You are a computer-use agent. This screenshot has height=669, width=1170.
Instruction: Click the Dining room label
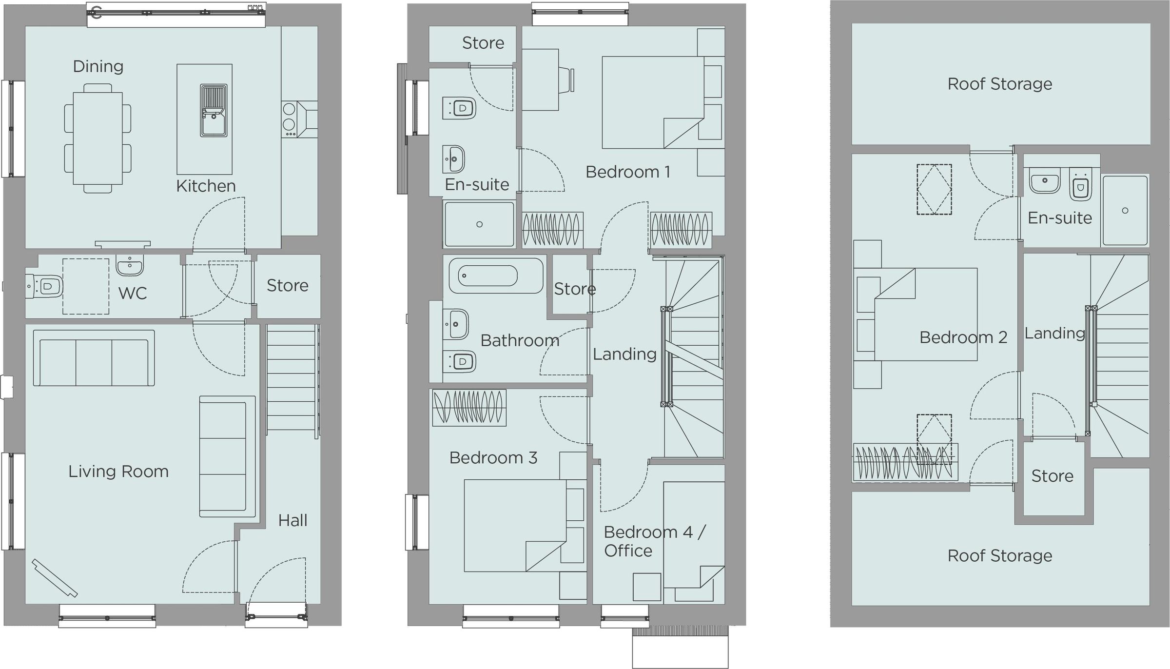click(x=98, y=66)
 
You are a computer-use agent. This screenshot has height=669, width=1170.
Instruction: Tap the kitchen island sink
click(x=214, y=111)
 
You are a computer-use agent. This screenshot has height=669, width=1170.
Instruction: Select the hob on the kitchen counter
click(x=289, y=119)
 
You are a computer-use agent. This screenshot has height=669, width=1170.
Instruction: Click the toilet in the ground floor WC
click(x=45, y=286)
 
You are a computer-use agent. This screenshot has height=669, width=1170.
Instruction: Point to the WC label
click(x=133, y=293)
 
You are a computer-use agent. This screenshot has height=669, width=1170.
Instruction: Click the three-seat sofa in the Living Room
click(x=94, y=358)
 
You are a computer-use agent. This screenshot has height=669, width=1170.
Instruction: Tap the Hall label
click(x=292, y=520)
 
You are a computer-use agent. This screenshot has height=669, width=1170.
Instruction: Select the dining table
click(x=97, y=138)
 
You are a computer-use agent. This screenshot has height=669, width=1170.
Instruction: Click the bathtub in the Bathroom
click(x=495, y=276)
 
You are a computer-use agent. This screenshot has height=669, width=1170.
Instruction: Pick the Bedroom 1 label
click(x=628, y=172)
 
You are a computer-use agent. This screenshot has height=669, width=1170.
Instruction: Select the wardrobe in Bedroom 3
click(x=469, y=408)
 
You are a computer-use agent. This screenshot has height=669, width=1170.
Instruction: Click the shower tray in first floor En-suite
click(x=479, y=224)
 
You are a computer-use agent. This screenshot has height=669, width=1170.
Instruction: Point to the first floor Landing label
click(x=624, y=354)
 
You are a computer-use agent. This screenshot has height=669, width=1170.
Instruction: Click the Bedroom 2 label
click(x=963, y=337)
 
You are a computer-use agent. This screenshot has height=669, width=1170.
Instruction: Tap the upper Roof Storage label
click(x=1000, y=84)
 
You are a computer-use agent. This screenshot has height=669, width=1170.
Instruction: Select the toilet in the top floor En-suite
click(x=1080, y=185)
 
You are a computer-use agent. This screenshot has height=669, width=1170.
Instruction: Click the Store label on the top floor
click(x=1052, y=476)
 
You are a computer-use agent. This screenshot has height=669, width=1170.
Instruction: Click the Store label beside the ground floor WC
click(x=288, y=285)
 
